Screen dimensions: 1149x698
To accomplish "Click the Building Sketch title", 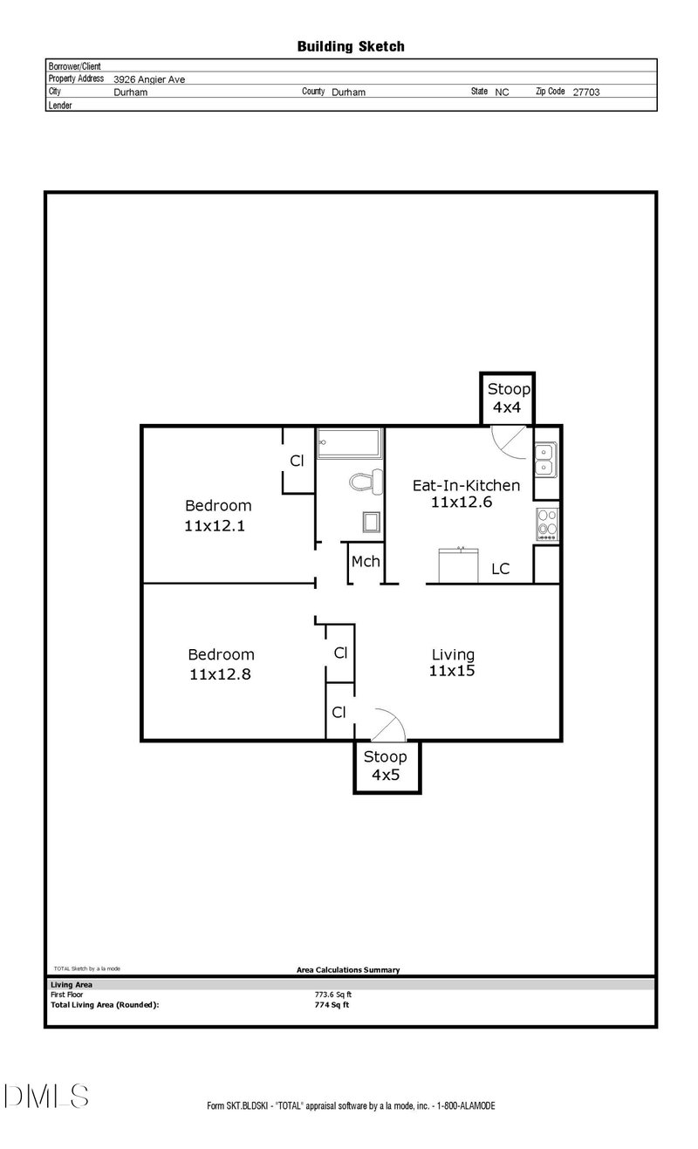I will coord(351,46).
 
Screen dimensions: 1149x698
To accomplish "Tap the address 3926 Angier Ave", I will coord(149,79).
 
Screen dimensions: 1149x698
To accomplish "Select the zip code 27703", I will coord(585,91).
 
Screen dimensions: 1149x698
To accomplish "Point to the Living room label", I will coord(453,654).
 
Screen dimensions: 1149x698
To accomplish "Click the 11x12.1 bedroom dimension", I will coord(217,526).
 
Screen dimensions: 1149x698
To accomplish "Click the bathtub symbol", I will coord(349,443).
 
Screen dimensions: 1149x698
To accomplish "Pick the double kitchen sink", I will coord(546,459).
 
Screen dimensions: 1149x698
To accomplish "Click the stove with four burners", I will coord(546,523).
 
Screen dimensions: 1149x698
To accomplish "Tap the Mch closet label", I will coord(366,561).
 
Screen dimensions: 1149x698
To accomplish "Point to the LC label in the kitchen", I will coord(500,569).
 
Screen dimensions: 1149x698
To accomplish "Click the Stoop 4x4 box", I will coord(508,398).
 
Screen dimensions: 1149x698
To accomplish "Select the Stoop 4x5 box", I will coord(386,765).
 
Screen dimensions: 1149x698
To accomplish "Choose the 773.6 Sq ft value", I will coord(333,994).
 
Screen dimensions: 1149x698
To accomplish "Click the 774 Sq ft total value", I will coord(332,1004).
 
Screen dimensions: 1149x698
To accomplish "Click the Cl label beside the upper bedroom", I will coord(297,461).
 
